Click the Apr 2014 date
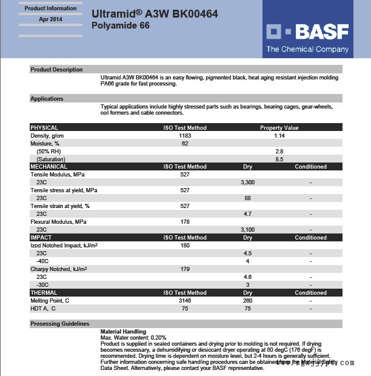[50, 19]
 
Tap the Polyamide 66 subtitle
[120, 25]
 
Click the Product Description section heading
[56, 70]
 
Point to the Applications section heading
[47, 99]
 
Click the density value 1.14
[279, 135]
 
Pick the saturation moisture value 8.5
[279, 159]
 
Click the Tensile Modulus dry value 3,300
[247, 182]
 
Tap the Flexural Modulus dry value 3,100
[247, 229]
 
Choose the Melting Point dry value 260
[247, 300]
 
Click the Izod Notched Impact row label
[64, 245]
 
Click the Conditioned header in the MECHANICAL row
[310, 166]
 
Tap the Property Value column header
[279, 127]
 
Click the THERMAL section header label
[44, 292]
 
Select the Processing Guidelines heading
[60, 324]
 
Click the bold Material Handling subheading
[123, 332]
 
